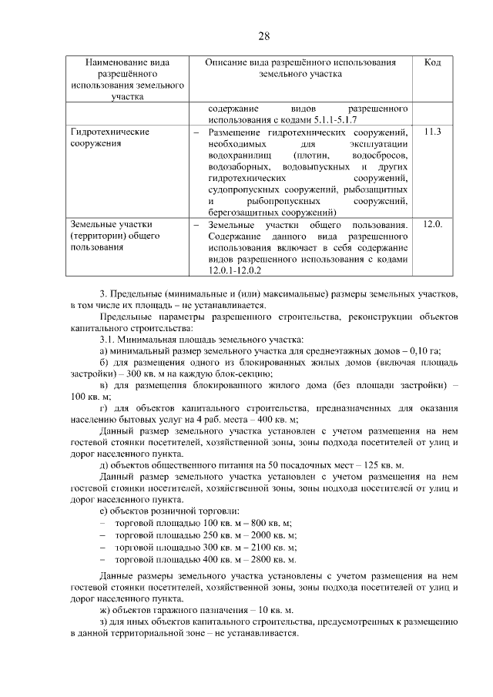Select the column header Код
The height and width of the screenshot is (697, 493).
tap(432, 62)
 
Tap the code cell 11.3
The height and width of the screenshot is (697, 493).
tap(432, 132)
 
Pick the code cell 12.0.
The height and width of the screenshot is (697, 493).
tap(433, 224)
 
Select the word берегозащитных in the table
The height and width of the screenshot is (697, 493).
tap(242, 212)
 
